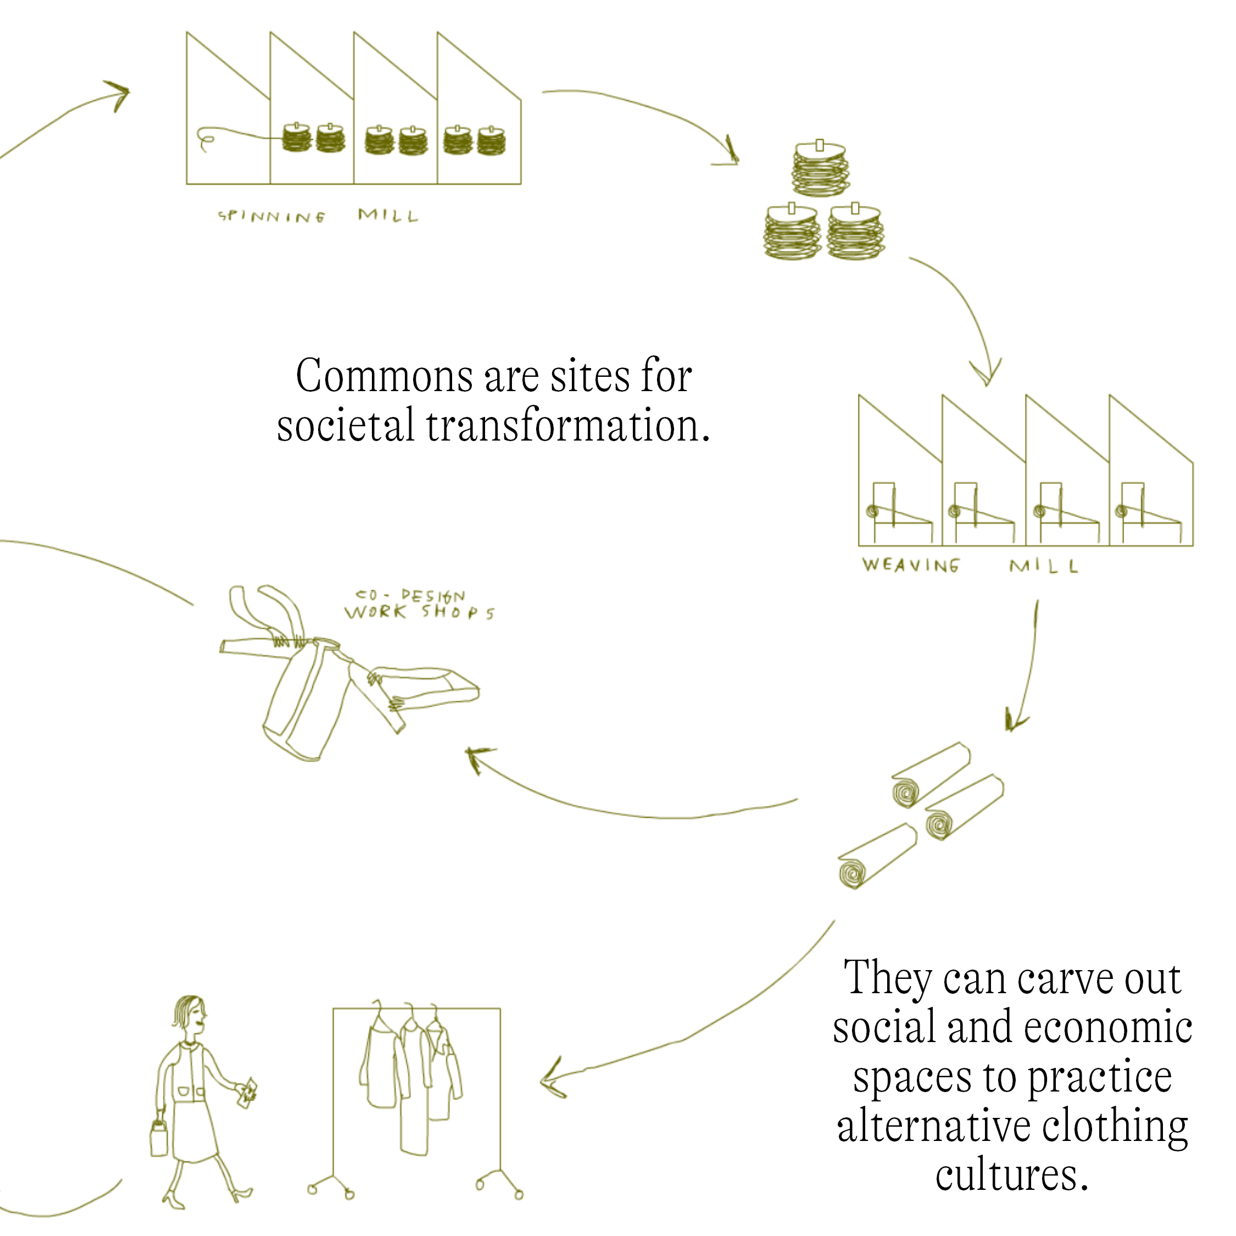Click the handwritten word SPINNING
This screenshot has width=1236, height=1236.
point(271,216)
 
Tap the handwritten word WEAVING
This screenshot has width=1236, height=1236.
point(910,565)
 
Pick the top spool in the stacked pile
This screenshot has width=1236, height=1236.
point(820,168)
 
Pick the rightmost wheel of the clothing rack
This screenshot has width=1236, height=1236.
point(519,1194)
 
